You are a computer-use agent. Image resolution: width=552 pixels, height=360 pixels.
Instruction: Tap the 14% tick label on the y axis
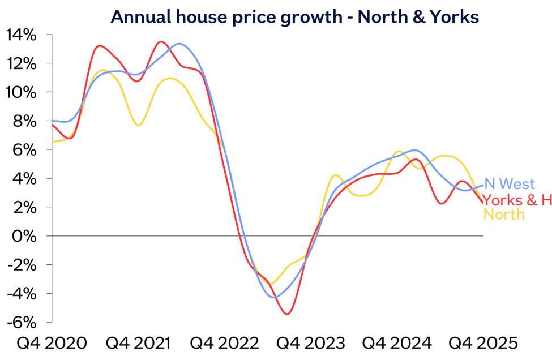[22, 35]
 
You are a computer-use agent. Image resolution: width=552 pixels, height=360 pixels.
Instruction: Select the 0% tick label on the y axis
[26, 235]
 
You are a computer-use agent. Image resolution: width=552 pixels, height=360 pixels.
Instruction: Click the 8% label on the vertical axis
[26, 121]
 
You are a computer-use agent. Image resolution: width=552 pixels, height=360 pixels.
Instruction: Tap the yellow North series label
[504, 215]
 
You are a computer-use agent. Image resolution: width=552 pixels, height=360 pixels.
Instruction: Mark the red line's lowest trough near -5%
[288, 314]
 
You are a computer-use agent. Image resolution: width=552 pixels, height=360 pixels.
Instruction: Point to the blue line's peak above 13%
[179, 44]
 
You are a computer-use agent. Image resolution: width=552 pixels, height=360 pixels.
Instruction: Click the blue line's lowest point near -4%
[275, 297]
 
